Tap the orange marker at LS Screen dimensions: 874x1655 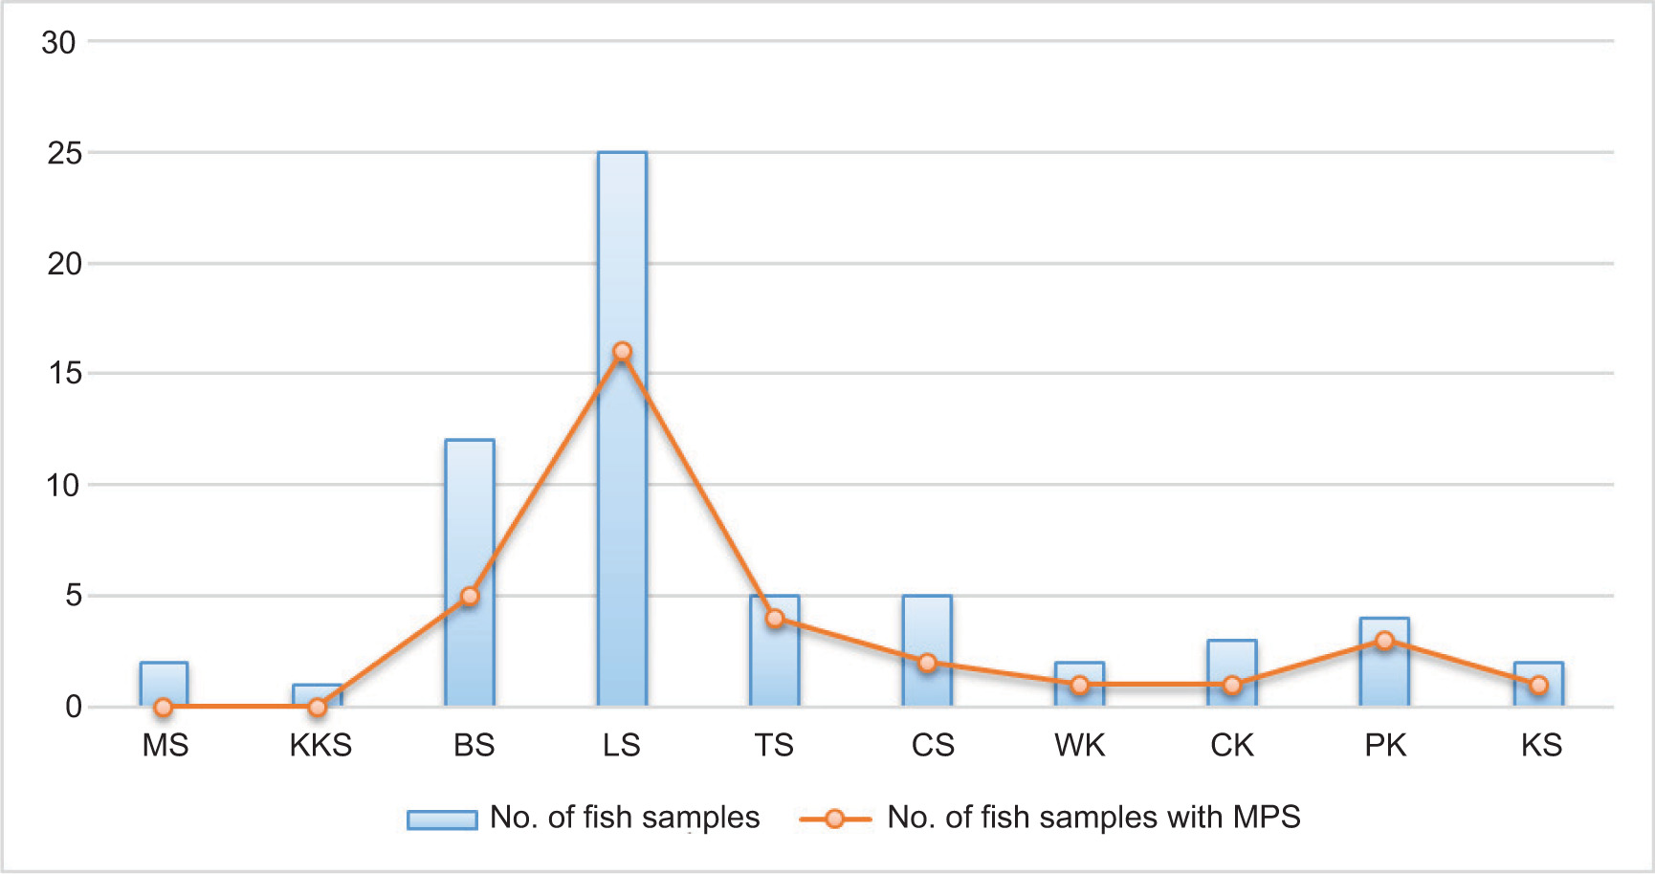(x=622, y=352)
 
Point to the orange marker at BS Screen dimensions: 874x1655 (x=470, y=596)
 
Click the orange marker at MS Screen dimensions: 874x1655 (x=164, y=708)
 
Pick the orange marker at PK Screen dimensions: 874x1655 (x=1384, y=641)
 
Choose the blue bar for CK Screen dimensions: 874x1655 (x=1232, y=660)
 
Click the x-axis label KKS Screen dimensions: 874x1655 (x=320, y=745)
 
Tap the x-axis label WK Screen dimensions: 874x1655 (x=1079, y=745)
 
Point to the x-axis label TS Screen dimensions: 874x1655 (x=774, y=745)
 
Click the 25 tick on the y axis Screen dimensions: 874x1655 (x=64, y=153)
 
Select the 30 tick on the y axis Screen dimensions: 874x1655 (x=58, y=42)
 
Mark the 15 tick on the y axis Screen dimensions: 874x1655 (x=64, y=374)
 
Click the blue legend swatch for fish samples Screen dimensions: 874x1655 (x=442, y=819)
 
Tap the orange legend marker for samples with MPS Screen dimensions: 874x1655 (x=835, y=819)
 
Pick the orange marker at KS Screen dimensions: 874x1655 (x=1538, y=685)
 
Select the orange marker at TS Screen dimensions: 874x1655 (x=775, y=619)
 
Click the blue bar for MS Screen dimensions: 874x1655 (x=164, y=683)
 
